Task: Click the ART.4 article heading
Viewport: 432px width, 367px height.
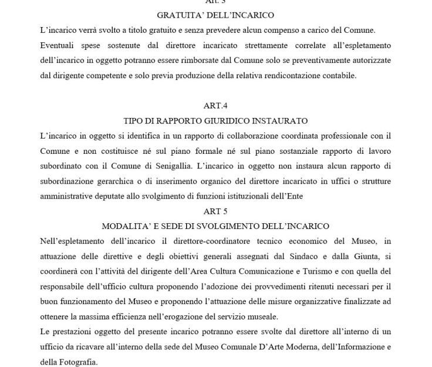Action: (x=215, y=106)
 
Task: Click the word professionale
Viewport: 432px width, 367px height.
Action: (x=326, y=136)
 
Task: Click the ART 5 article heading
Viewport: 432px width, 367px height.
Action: (x=215, y=211)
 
